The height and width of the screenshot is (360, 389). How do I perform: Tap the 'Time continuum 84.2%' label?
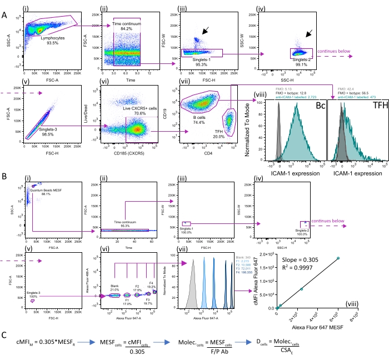(127, 27)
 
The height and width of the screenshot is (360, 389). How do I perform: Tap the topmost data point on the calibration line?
(337, 258)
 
